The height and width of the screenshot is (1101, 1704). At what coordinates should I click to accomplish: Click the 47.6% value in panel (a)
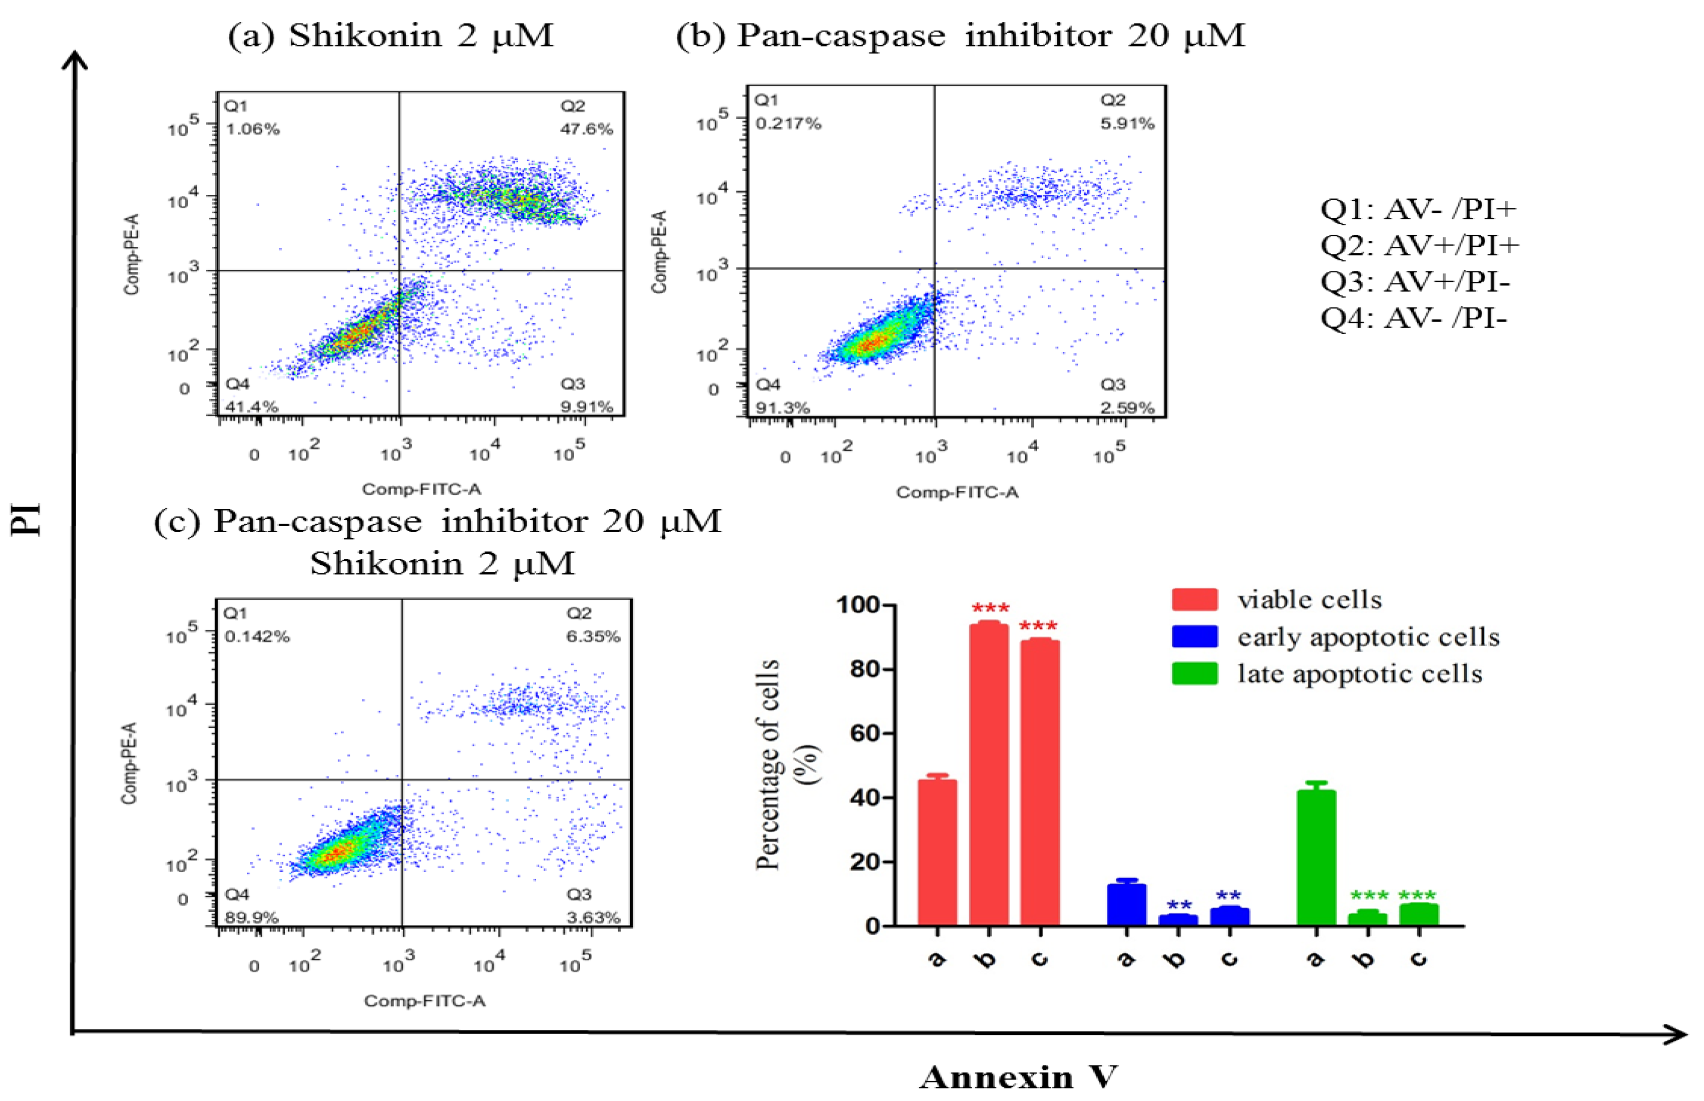pyautogui.click(x=586, y=129)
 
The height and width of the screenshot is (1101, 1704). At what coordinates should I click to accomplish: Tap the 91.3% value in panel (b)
pyautogui.click(x=782, y=408)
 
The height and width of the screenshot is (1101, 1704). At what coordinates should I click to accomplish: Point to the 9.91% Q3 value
pyautogui.click(x=586, y=407)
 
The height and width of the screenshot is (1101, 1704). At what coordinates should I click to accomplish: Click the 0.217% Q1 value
pyautogui.click(x=788, y=124)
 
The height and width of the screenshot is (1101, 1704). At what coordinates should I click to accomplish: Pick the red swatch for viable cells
pyautogui.click(x=1194, y=599)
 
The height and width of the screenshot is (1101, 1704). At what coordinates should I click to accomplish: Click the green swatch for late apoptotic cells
pyautogui.click(x=1194, y=673)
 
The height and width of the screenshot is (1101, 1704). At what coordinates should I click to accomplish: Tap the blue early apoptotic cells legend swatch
pyautogui.click(x=1194, y=636)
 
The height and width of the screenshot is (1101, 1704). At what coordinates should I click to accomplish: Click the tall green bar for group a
pyautogui.click(x=1316, y=858)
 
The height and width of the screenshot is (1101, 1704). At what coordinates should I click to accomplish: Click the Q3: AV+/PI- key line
pyautogui.click(x=1415, y=282)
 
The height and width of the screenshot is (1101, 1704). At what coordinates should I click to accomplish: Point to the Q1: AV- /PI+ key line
pyautogui.click(x=1417, y=209)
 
